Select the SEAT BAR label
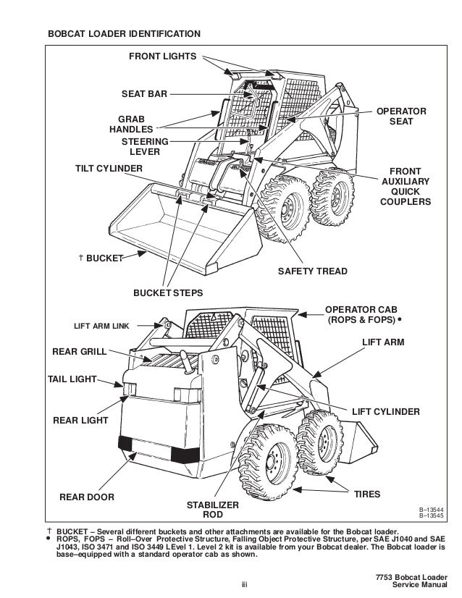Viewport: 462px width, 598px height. [x=143, y=93]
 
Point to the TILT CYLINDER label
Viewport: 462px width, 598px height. [x=109, y=168]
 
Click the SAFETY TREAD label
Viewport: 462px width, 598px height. [x=313, y=271]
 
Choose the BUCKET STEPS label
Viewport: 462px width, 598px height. [x=167, y=293]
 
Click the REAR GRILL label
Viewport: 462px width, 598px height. [x=80, y=352]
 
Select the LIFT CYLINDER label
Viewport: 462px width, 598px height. [x=385, y=411]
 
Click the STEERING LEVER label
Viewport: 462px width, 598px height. [x=144, y=146]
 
